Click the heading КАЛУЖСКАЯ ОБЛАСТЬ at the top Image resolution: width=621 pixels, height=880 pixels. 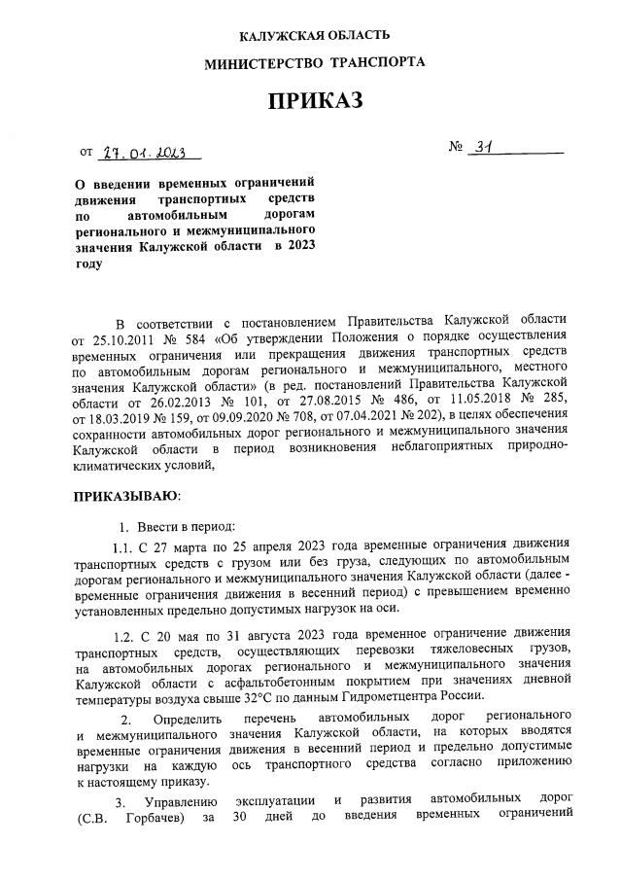coord(314,36)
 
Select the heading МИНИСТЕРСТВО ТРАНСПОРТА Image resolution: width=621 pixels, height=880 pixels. coord(314,63)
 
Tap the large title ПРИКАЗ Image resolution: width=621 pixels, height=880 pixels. coord(314,102)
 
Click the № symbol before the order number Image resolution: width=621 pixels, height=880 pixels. coord(457,149)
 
